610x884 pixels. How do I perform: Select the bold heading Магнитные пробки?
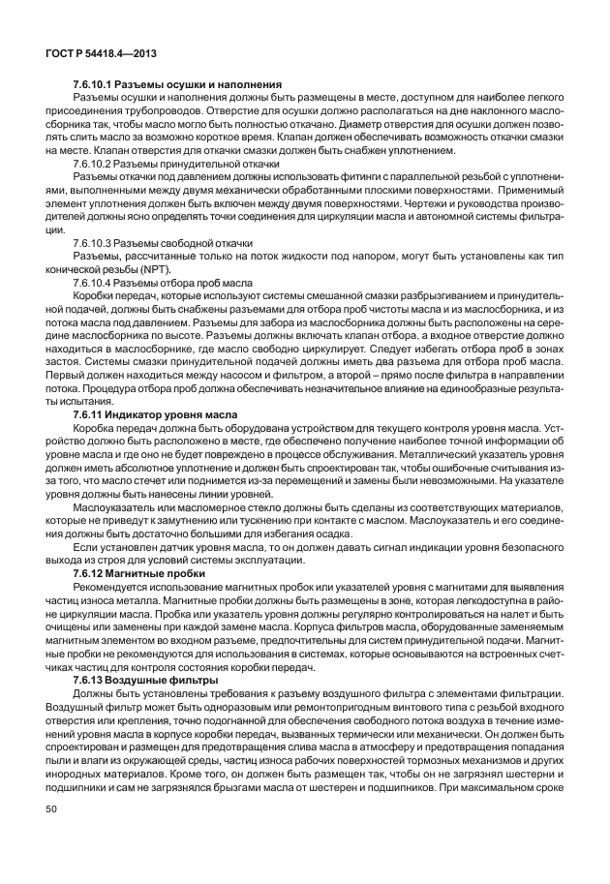click(x=157, y=573)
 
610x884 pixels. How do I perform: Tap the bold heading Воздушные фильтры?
click(x=160, y=681)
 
